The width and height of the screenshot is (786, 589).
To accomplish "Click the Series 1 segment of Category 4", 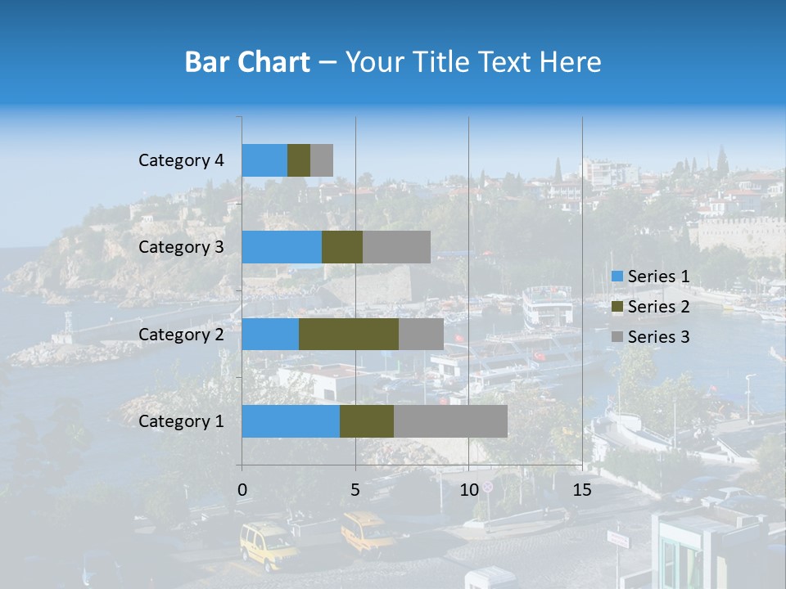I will [x=264, y=160].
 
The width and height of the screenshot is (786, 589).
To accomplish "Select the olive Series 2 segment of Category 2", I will [x=349, y=334].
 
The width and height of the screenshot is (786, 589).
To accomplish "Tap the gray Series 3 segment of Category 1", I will [x=450, y=421].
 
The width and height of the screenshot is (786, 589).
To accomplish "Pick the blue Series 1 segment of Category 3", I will [x=282, y=247].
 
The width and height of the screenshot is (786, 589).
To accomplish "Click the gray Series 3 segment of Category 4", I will [x=322, y=160].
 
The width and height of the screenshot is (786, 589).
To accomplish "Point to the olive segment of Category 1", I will [x=367, y=421].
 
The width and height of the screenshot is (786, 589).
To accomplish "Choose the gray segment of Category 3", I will [x=396, y=247].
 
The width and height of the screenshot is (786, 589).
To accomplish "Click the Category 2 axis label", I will [x=181, y=335].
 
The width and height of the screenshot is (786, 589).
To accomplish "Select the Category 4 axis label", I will [x=181, y=160].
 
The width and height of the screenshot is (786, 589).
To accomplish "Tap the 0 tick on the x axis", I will [x=242, y=490].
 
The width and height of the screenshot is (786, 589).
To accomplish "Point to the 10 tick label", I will [x=468, y=490].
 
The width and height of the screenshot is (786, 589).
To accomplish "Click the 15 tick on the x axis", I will [x=581, y=490].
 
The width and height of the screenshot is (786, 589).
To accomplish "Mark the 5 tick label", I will [x=355, y=490].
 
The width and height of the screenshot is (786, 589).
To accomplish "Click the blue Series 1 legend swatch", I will [x=617, y=277].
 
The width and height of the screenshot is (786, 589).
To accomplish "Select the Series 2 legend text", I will [x=658, y=307].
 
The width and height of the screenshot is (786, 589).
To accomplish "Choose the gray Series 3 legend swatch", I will [x=617, y=337].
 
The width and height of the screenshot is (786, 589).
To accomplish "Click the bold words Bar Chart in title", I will [x=247, y=62].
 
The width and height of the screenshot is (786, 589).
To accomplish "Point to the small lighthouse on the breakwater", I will [x=68, y=324].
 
